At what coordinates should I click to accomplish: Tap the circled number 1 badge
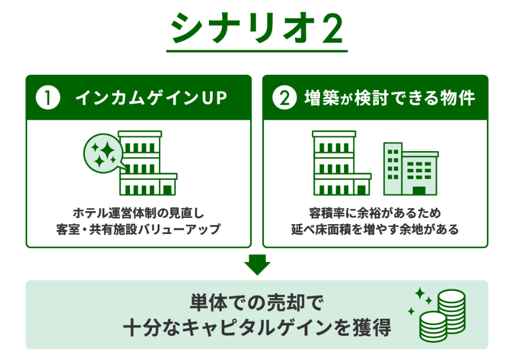coord(48,97)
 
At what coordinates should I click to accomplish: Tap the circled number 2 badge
coord(284,97)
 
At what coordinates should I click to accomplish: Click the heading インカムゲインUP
coord(151,97)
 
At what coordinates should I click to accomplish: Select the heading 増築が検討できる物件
coord(390,97)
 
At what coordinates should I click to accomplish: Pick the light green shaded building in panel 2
coord(410,169)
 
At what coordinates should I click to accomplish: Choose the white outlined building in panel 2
coord(342,163)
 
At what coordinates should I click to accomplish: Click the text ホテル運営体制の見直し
coord(139,213)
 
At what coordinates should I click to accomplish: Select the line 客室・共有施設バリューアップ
coord(139,229)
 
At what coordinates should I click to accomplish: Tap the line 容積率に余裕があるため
coord(375,213)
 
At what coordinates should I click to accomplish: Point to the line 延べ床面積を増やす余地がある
coord(375,229)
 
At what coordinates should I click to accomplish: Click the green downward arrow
coord(258,264)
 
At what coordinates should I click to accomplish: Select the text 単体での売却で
coord(256,303)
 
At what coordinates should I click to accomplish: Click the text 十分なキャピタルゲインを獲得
coord(256,328)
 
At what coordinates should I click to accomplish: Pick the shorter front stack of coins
coord(433,327)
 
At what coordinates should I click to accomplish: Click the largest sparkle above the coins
coord(420,293)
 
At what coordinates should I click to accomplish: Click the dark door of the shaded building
coord(419,191)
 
